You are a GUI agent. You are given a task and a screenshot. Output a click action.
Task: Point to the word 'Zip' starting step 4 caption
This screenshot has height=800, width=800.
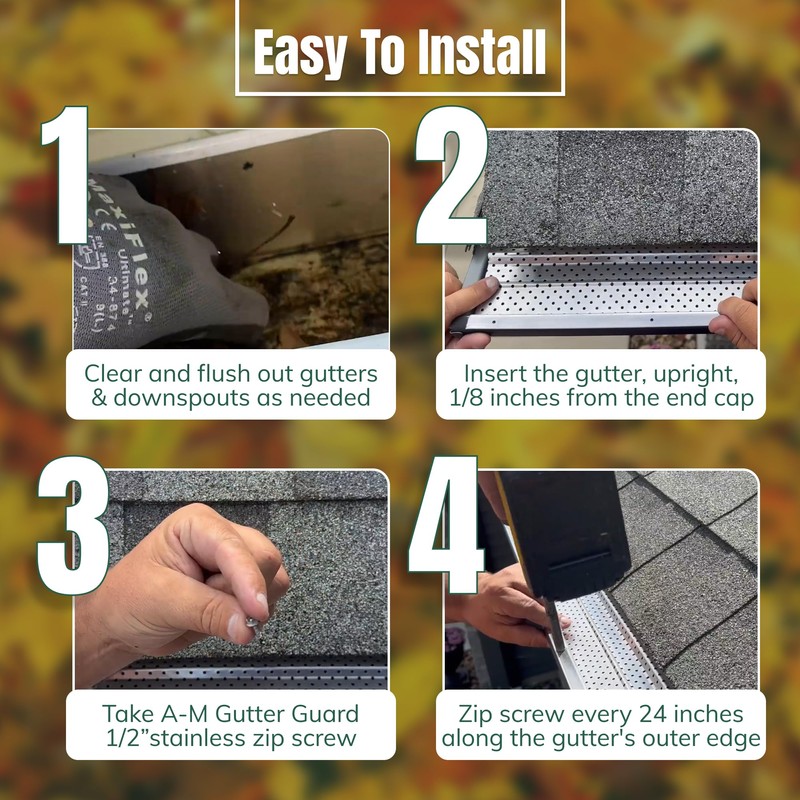[x=478, y=714]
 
